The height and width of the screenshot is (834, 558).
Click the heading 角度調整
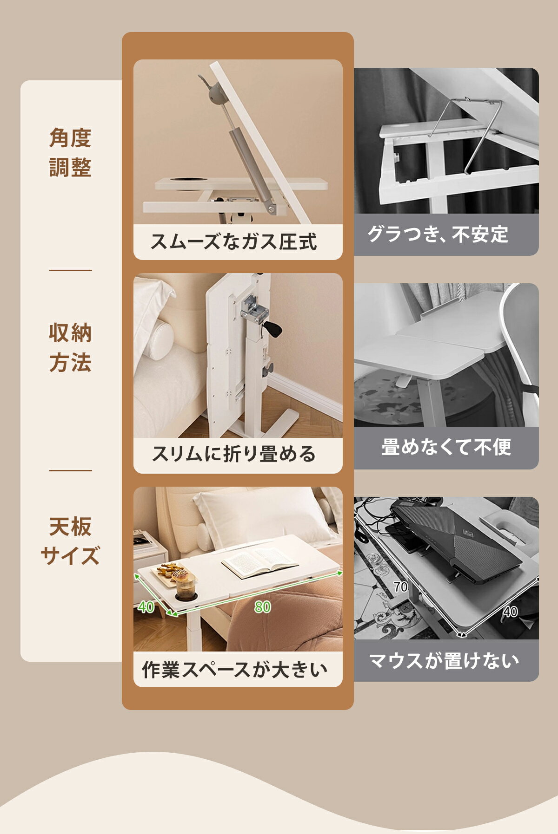pyautogui.click(x=70, y=153)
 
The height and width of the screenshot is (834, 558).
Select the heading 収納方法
pyautogui.click(x=70, y=348)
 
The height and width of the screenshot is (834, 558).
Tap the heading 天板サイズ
pyautogui.click(x=70, y=541)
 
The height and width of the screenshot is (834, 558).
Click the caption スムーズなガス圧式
pyautogui.click(x=233, y=241)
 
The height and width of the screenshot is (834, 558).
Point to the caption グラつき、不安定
pyautogui.click(x=438, y=234)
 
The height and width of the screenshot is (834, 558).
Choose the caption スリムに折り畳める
pyautogui.click(x=233, y=454)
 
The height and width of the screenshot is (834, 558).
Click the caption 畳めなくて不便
pyautogui.click(x=446, y=447)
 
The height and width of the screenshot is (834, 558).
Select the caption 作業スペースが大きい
pyautogui.click(x=234, y=670)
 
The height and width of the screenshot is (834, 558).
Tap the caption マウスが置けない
pyautogui.click(x=444, y=660)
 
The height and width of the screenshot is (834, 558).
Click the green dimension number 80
pyautogui.click(x=263, y=607)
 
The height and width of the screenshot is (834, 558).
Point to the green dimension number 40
pyautogui.click(x=146, y=607)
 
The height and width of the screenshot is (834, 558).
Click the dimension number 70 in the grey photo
pyautogui.click(x=400, y=587)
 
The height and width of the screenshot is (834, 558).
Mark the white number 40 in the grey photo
pyautogui.click(x=510, y=612)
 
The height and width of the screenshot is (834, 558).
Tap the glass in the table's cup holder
pyautogui.click(x=185, y=586)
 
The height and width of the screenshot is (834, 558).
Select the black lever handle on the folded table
pyautogui.click(x=272, y=331)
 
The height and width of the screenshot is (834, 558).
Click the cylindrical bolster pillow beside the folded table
pyautogui.click(x=157, y=340)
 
